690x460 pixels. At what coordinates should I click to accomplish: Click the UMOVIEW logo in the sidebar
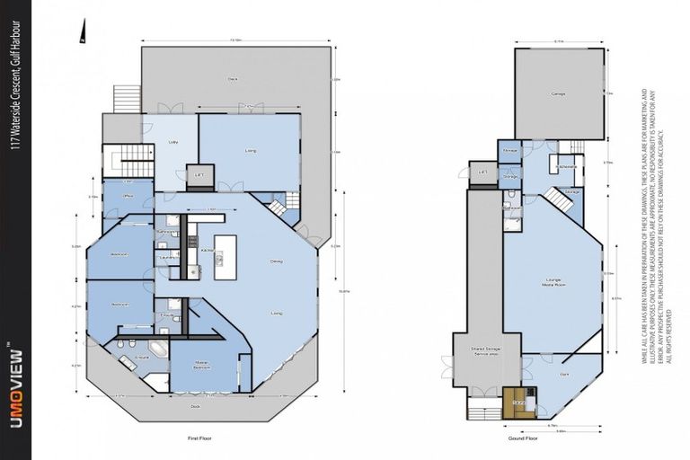pos(14,395)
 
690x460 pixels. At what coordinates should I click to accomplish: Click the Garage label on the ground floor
pos(556,93)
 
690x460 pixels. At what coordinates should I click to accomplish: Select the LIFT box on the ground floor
pos(482,172)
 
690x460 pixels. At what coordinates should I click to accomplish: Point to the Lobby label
pos(173,142)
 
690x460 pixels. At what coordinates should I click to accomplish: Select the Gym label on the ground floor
pos(564,373)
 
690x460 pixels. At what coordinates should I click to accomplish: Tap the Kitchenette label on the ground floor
pos(567,167)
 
